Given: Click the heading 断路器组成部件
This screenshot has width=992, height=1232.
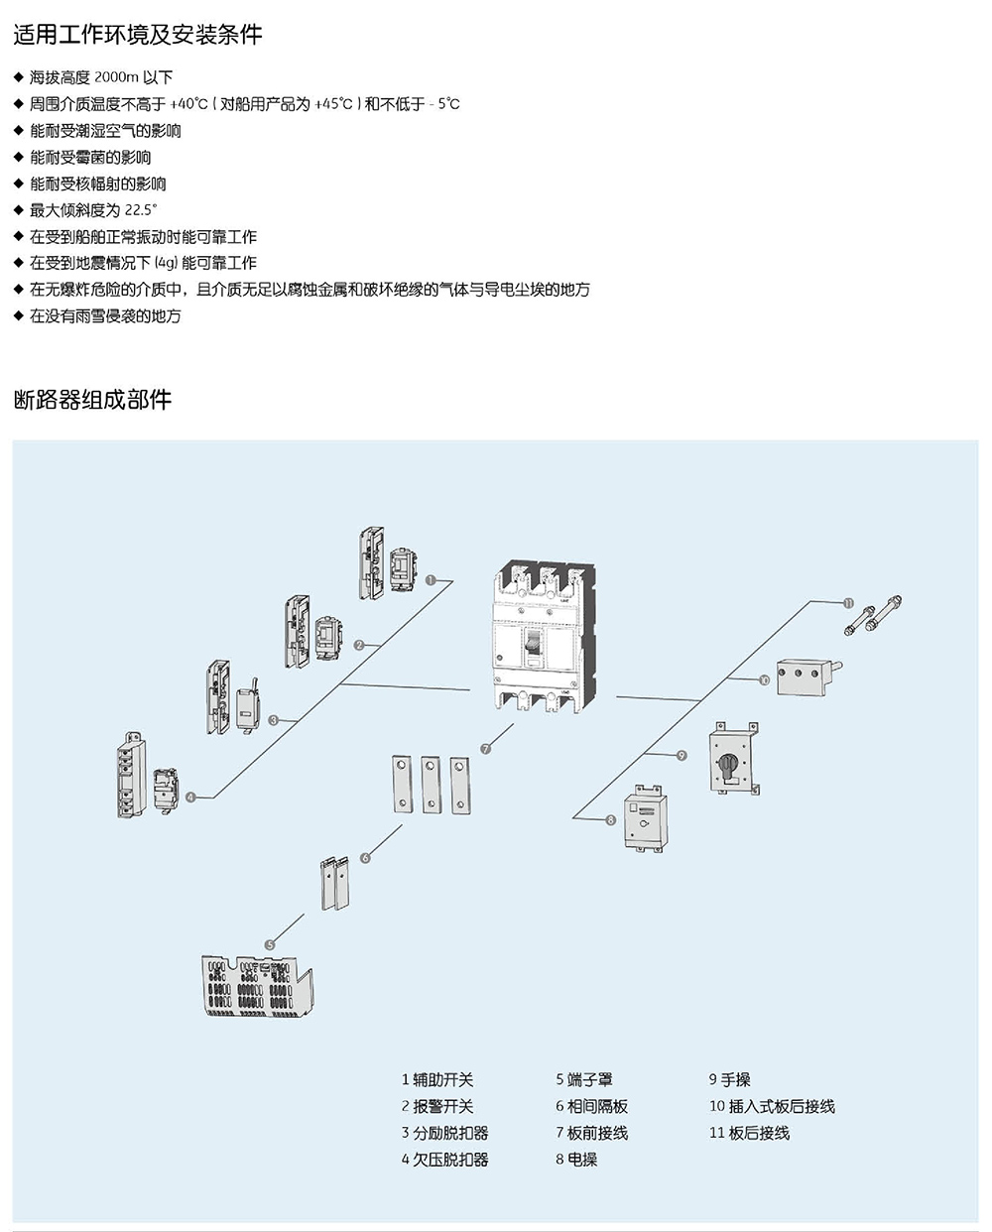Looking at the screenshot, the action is point(92,400).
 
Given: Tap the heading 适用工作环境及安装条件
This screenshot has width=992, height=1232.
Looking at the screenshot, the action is point(138,35).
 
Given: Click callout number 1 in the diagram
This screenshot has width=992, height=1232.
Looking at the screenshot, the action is point(431,580).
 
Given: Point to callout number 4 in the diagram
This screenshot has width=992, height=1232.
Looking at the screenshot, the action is point(190,797).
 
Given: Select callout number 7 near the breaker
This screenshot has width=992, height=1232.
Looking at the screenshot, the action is point(486,749).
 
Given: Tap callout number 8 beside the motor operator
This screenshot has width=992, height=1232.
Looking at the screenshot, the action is point(610,820).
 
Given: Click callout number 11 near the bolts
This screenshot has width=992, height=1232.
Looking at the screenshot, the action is point(848,603).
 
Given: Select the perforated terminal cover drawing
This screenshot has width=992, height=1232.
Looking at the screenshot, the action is point(257,985).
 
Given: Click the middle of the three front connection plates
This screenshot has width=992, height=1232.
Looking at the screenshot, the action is point(431,785).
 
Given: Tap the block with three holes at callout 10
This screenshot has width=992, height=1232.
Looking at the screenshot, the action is point(801,678).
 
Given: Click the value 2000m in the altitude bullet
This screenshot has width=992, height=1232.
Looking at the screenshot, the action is point(116,76).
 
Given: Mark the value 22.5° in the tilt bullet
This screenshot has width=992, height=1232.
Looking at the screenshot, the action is point(141,210).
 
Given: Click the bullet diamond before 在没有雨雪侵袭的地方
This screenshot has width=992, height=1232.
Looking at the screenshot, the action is point(19,315).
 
